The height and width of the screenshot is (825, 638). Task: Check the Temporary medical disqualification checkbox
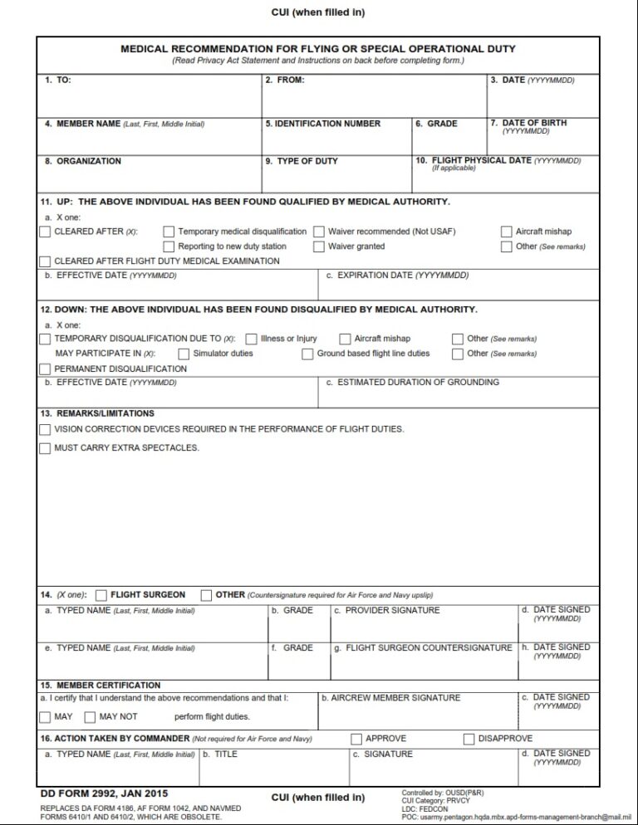[169, 232]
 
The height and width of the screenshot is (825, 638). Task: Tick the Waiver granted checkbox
[319, 247]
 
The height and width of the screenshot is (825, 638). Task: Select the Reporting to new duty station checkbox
[169, 247]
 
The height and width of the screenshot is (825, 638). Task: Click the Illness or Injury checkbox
[251, 339]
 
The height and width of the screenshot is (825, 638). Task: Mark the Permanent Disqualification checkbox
[45, 369]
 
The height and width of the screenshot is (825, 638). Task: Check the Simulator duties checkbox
[184, 354]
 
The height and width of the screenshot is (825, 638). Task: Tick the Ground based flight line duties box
[307, 354]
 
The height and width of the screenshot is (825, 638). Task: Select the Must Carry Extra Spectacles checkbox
[45, 448]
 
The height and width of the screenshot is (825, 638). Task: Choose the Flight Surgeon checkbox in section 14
[101, 595]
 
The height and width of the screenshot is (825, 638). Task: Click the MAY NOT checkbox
[90, 716]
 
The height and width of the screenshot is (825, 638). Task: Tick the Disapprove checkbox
[469, 739]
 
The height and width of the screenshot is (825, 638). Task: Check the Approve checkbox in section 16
[356, 739]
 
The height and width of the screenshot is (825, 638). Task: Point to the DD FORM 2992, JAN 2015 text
[104, 793]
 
